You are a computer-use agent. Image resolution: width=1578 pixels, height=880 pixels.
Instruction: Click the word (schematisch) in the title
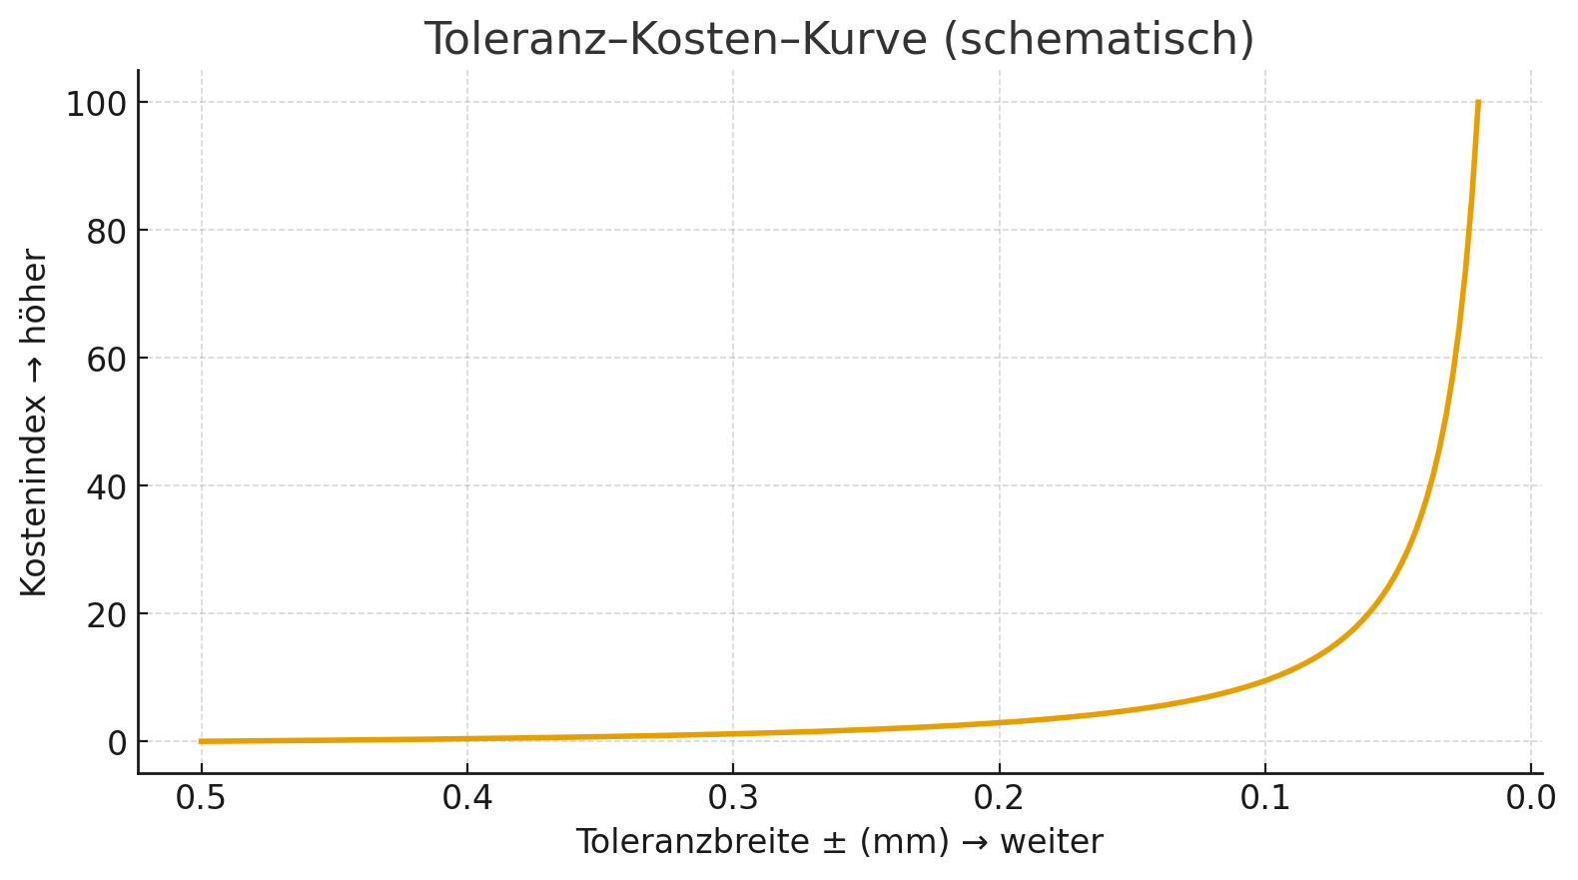pos(1098,40)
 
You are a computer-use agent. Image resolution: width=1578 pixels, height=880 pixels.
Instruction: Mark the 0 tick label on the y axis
pos(118,742)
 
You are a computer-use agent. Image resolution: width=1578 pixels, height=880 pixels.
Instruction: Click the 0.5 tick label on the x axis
pos(201,798)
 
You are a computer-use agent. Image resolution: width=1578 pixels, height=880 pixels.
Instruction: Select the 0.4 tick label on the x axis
pos(467,798)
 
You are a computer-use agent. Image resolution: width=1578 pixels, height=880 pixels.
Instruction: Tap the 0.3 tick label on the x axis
pos(733,798)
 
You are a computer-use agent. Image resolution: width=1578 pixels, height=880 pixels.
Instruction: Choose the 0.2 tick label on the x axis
pos(999,798)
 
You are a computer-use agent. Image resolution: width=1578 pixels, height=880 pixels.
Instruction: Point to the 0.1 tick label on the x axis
pos(1264,798)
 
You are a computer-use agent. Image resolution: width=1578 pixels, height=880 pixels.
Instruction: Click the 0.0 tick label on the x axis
pos(1531,798)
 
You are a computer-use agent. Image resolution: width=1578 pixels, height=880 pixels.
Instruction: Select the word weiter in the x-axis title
pos(1052,842)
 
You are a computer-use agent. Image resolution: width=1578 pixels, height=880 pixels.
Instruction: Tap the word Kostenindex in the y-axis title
pos(34,504)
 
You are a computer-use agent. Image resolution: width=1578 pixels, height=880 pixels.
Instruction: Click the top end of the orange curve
pos(1478,103)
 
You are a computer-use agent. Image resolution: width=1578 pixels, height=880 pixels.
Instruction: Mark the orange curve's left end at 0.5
pos(202,741)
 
